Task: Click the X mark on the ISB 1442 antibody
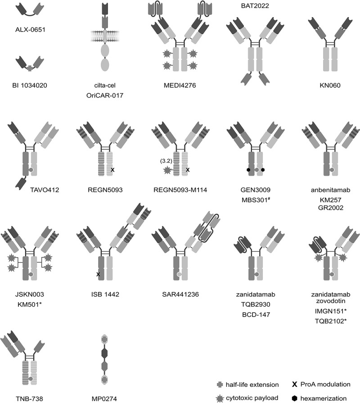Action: click(98, 273)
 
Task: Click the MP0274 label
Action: click(105, 398)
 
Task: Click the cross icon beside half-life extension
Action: click(219, 384)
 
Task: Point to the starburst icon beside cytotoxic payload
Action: click(219, 398)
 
